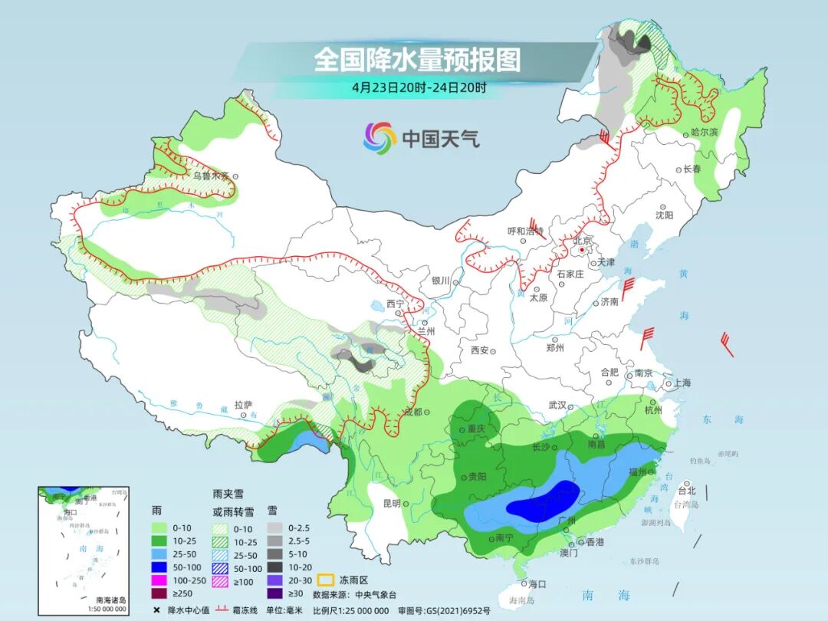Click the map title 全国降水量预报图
416,59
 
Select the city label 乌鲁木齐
211,176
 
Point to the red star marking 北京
583,250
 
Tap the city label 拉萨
243,404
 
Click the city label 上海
682,383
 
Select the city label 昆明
391,503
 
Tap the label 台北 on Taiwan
687,491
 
